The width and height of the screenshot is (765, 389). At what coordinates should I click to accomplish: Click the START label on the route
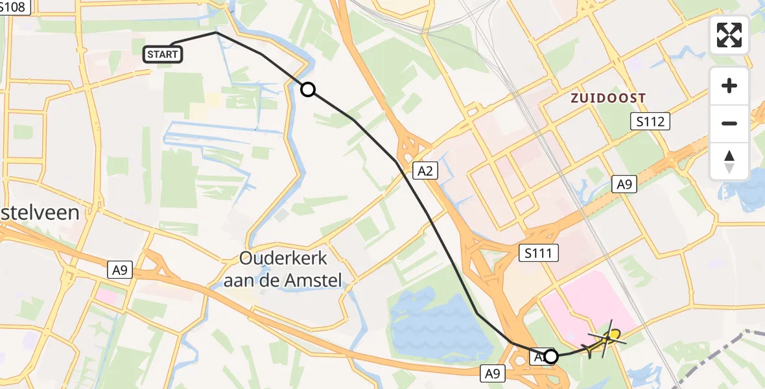pyautogui.click(x=163, y=54)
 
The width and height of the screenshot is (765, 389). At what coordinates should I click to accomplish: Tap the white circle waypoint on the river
pyautogui.click(x=308, y=89)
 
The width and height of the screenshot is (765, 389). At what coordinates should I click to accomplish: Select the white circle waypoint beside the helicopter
pyautogui.click(x=551, y=356)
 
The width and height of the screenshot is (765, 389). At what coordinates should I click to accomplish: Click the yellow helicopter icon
pyautogui.click(x=606, y=338)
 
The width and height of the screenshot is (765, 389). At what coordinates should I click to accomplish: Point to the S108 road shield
pyautogui.click(x=14, y=7)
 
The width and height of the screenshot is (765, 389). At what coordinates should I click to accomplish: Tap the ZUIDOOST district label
pyautogui.click(x=607, y=98)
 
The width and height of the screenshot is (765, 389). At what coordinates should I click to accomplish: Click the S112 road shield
pyautogui.click(x=650, y=121)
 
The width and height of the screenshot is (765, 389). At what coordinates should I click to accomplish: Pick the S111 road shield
pyautogui.click(x=539, y=252)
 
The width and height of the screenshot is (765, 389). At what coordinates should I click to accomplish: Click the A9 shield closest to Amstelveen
pyautogui.click(x=119, y=270)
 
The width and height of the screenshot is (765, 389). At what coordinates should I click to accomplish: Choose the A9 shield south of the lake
pyautogui.click(x=492, y=373)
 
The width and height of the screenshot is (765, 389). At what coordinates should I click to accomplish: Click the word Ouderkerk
pyautogui.click(x=283, y=259)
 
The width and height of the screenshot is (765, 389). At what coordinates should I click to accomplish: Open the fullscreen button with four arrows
pyautogui.click(x=729, y=34)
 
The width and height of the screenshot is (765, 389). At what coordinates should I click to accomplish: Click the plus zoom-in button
pyautogui.click(x=729, y=86)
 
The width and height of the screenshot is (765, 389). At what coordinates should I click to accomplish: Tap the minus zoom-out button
pyautogui.click(x=729, y=123)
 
